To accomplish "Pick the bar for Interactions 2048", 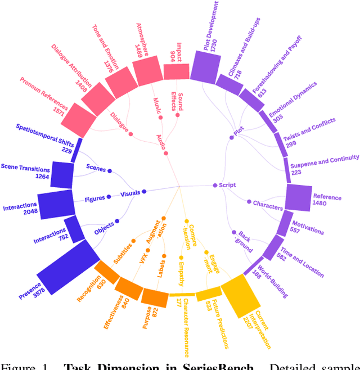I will tap(56, 204).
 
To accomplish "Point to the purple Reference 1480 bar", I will tap(298, 197).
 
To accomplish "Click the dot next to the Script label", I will tap(214, 185).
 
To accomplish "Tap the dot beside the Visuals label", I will tap(144, 192).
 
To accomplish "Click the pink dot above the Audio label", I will tap(166, 152).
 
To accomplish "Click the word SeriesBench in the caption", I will tap(223, 366).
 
